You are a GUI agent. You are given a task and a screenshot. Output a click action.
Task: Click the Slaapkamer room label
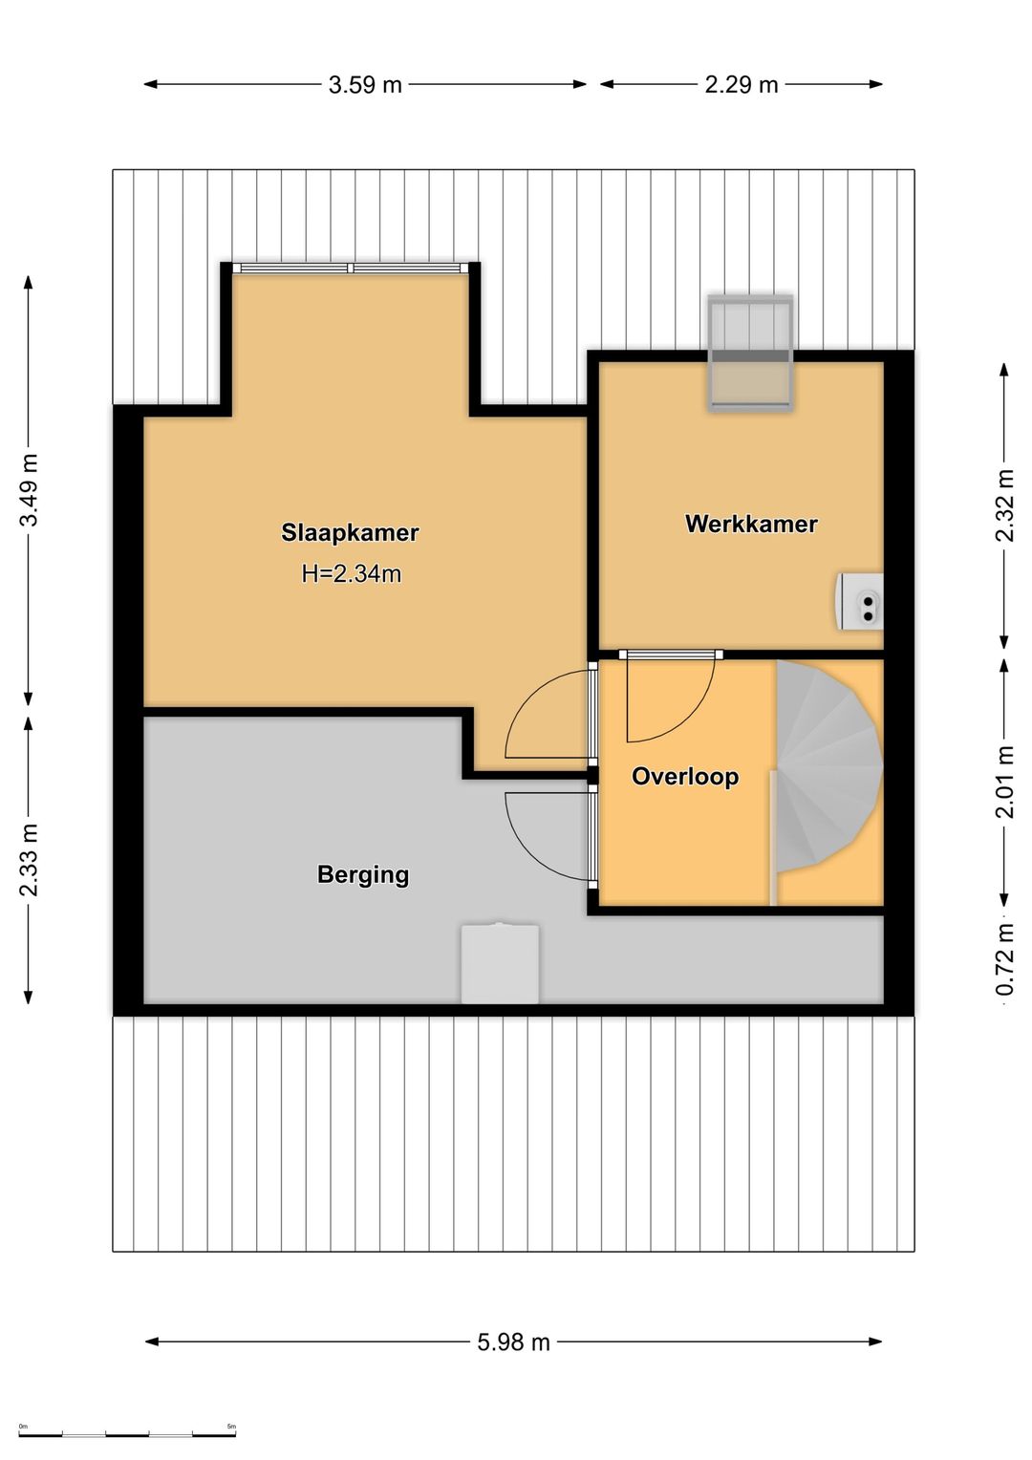pos(350,532)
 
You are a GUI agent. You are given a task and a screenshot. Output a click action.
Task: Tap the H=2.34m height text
pos(352,573)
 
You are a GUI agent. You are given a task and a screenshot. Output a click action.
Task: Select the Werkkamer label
pos(751,524)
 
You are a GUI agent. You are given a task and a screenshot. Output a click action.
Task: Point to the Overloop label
pos(685,776)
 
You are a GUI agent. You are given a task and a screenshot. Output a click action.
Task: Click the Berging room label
pos(363,874)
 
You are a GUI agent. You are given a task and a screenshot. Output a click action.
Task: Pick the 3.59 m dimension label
pos(365,85)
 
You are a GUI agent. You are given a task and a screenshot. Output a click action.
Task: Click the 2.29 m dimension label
pos(742,85)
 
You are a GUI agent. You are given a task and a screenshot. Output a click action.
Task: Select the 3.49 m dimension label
pos(30,489)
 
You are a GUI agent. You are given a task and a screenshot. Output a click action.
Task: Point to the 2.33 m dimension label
pos(30,859)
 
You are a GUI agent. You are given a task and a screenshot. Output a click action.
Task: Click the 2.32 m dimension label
pos(1004,505)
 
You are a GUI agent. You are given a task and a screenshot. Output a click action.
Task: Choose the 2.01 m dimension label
pos(1004,783)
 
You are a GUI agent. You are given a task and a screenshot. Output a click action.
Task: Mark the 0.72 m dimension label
pos(1004,959)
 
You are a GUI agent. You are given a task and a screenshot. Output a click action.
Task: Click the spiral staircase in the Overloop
pos(827,767)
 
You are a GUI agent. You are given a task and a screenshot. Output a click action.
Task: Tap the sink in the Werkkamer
pos(860,602)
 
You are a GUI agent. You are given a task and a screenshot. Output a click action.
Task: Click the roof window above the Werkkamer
pos(751,353)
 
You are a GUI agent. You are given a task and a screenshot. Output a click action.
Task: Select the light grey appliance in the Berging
pos(500,963)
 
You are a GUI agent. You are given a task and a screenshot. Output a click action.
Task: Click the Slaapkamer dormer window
pos(351,268)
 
